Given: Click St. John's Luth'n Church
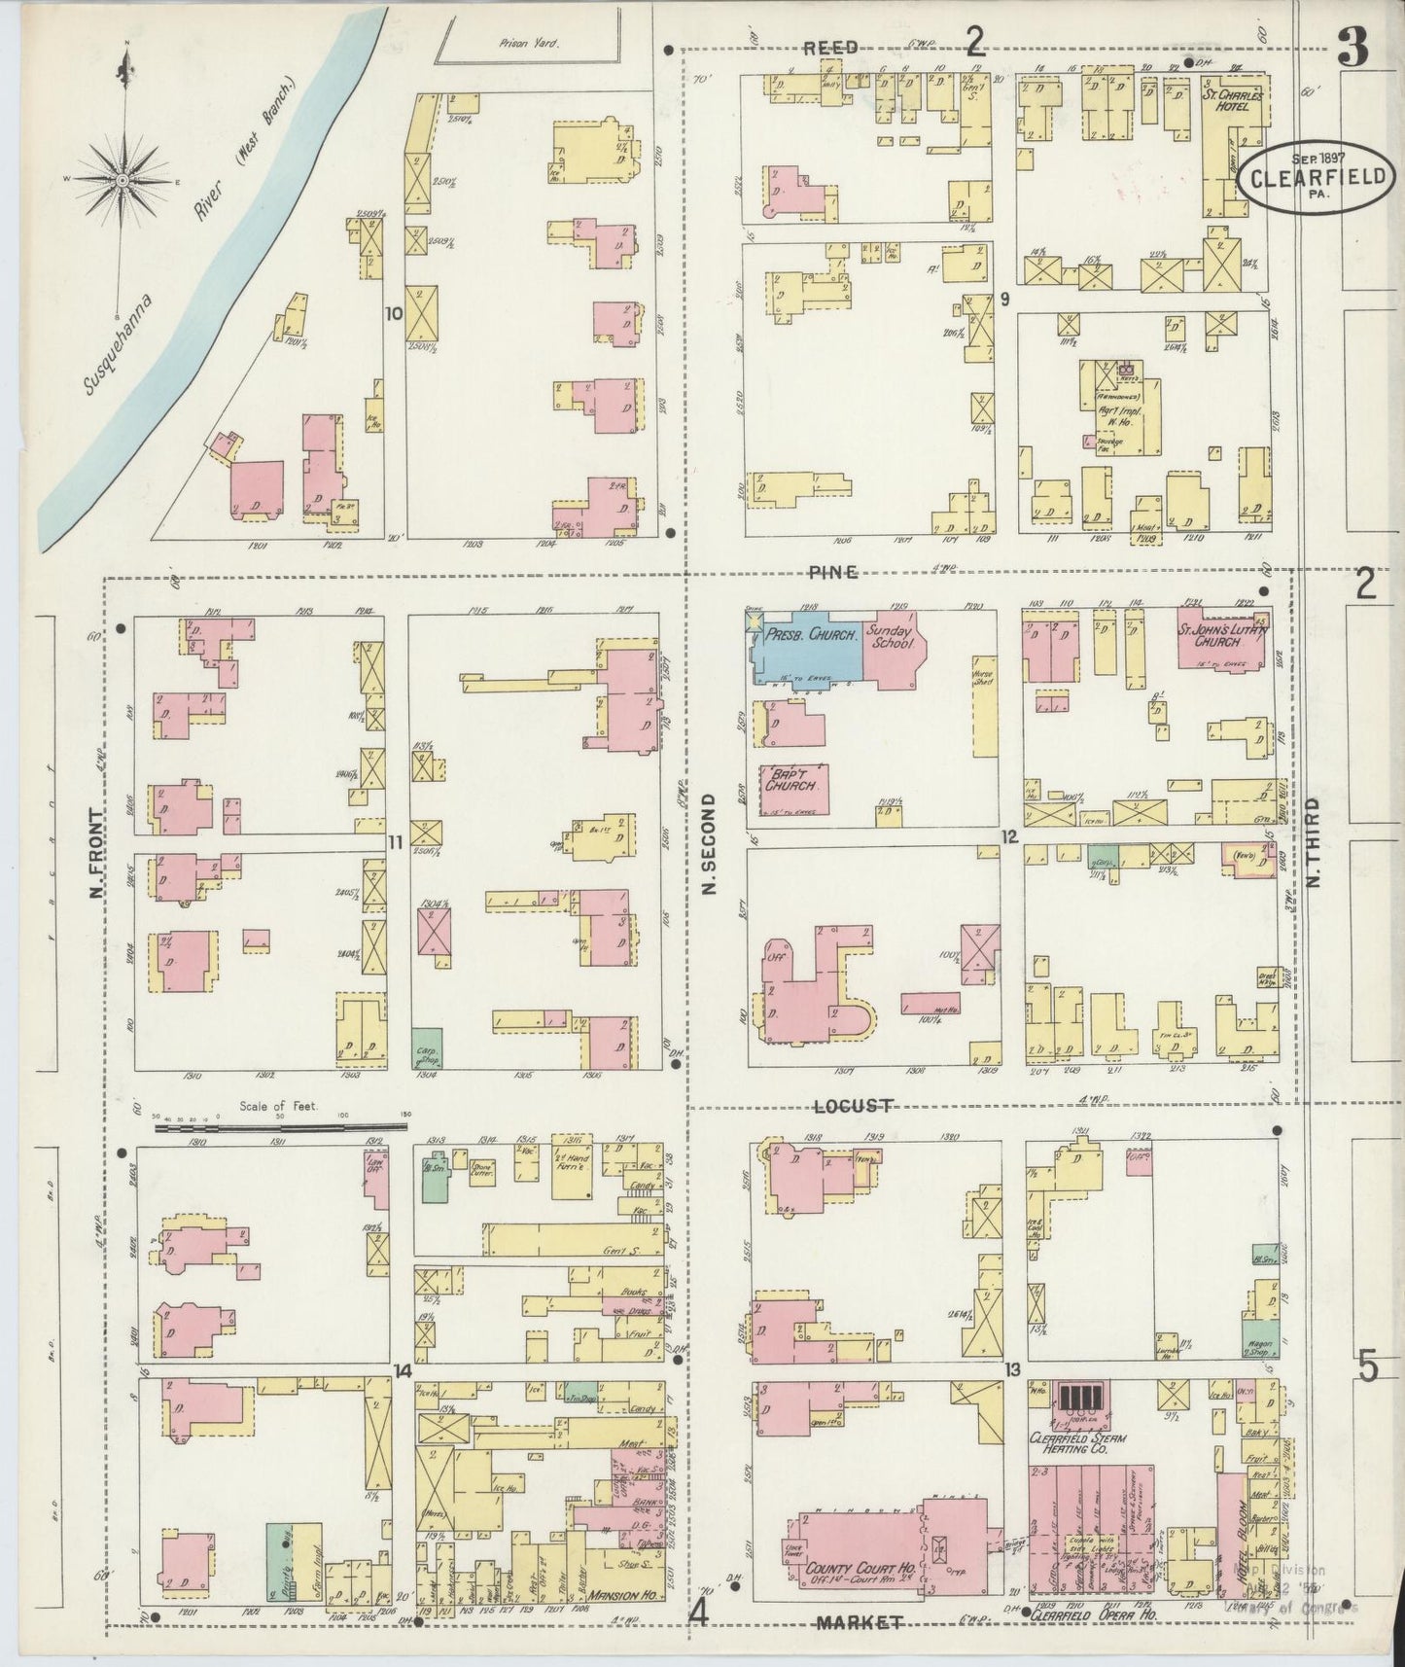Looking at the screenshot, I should (x=1223, y=639).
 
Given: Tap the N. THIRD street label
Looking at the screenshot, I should (x=1314, y=842).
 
